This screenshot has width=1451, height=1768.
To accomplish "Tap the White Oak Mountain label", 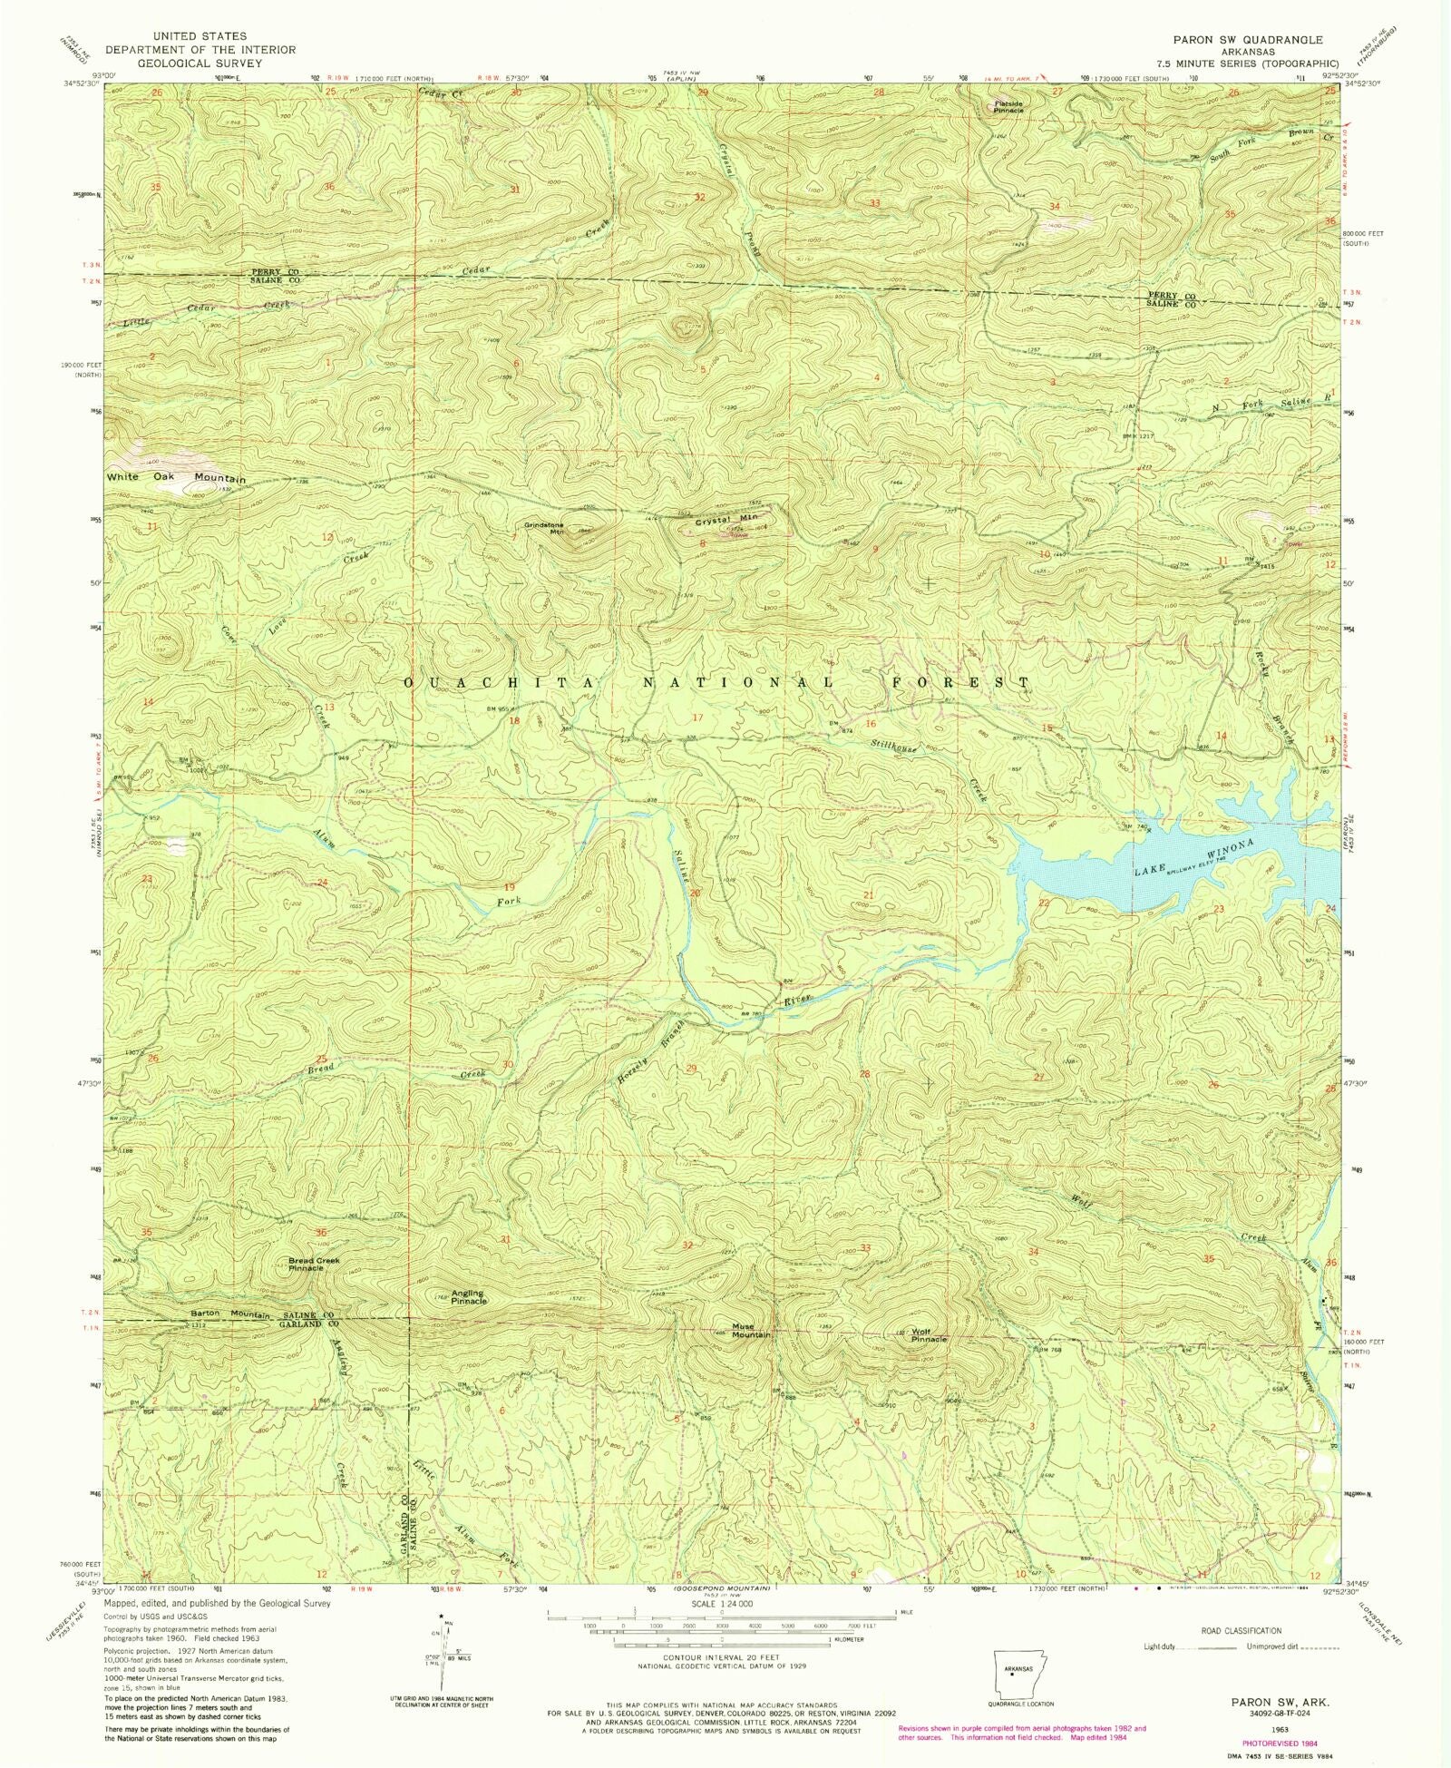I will pos(176,477).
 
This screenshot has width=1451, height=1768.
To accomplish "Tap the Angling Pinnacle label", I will pos(469,1297).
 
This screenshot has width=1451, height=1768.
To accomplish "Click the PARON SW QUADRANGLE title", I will pos(1247,40).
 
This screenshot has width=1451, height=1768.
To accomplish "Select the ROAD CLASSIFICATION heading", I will pos(1242,1630).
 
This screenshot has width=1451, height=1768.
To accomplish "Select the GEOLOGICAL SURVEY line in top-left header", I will pos(200,63).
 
